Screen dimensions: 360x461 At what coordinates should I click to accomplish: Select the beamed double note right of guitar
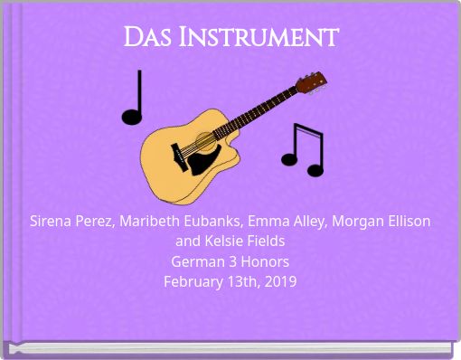[x=303, y=148]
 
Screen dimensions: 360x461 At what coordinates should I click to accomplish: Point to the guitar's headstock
[x=310, y=82]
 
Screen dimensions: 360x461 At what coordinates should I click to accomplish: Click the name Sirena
[x=52, y=221]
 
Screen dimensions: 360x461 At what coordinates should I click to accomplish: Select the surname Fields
[x=268, y=242]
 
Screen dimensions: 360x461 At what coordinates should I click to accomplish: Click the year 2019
[x=278, y=281]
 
